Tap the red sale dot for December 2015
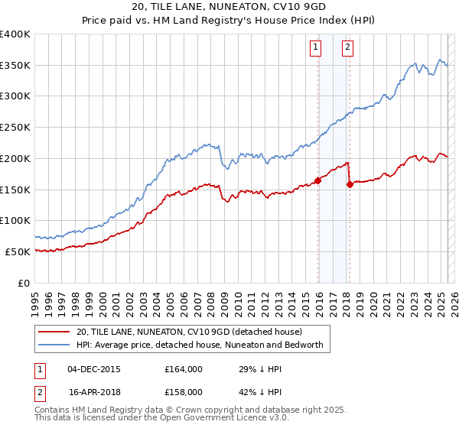click(x=317, y=180)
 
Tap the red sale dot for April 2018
click(x=350, y=184)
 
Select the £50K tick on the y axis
click(x=18, y=251)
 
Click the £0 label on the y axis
click(x=24, y=283)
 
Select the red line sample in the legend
click(x=54, y=332)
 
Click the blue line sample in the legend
click(x=54, y=345)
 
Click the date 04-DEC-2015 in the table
click(x=93, y=369)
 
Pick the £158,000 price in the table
click(x=184, y=391)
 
